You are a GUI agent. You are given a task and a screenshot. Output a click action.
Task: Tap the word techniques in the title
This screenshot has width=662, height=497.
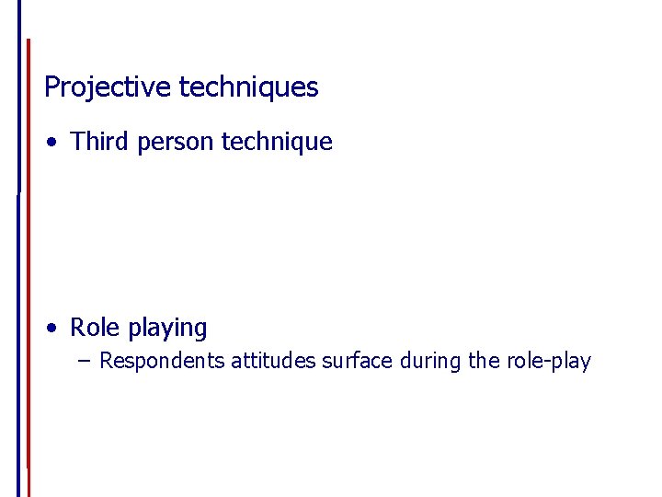pyautogui.click(x=248, y=87)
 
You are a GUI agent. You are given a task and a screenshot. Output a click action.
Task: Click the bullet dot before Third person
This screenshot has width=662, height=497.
pyautogui.click(x=57, y=143)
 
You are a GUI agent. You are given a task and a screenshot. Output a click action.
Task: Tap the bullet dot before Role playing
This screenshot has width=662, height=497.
pyautogui.click(x=57, y=328)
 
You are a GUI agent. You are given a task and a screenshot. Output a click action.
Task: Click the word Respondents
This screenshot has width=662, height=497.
pyautogui.click(x=162, y=361)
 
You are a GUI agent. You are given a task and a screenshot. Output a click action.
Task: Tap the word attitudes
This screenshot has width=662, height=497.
pyautogui.click(x=273, y=361)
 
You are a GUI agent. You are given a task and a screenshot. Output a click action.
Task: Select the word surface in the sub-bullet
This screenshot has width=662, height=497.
pyautogui.click(x=358, y=361)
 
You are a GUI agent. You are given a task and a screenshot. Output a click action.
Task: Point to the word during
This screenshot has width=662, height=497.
pyautogui.click(x=431, y=361)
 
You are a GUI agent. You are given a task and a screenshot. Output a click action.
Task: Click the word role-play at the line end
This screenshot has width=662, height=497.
pyautogui.click(x=548, y=361)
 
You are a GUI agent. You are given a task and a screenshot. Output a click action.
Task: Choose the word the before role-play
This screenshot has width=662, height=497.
pyautogui.click(x=485, y=361)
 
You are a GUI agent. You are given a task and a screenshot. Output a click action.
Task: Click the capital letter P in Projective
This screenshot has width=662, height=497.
pyautogui.click(x=51, y=87)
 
